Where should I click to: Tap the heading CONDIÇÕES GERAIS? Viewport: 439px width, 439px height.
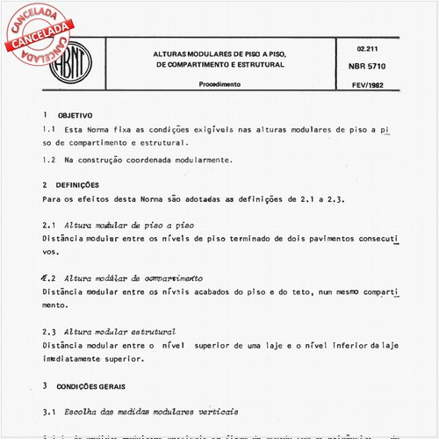point(97,385)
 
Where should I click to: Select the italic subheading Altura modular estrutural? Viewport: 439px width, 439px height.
point(120,332)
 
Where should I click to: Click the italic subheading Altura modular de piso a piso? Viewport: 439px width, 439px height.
point(130,226)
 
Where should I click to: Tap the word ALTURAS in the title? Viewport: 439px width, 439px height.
point(174,54)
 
